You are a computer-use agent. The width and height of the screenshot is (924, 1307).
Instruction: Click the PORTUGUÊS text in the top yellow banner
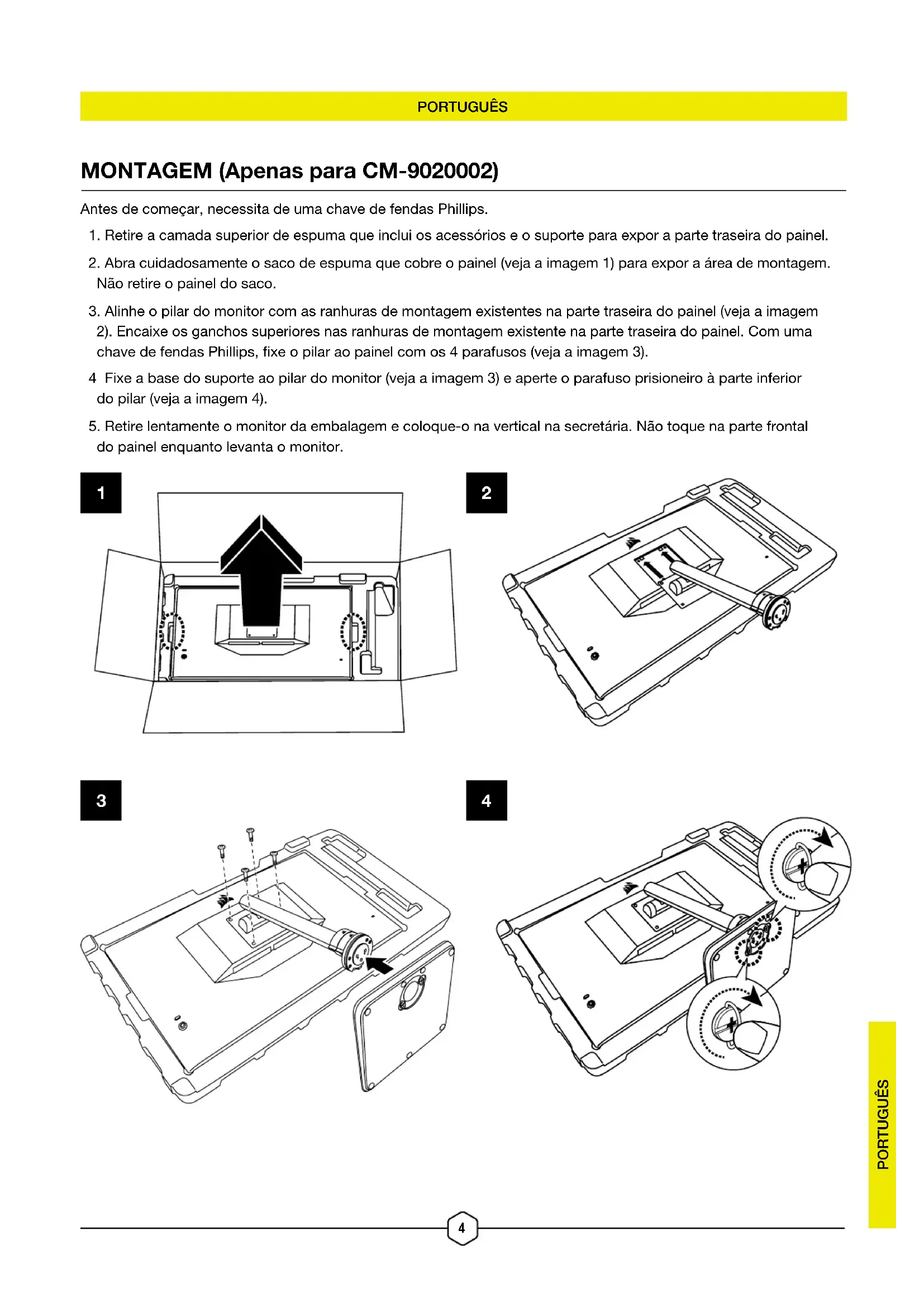pyautogui.click(x=462, y=107)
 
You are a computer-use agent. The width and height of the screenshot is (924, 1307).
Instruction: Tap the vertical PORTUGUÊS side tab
pyautogui.click(x=883, y=1124)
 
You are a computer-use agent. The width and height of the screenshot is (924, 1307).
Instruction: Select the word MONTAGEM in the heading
pyautogui.click(x=146, y=171)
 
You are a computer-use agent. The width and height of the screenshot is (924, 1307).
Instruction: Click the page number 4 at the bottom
pyautogui.click(x=461, y=1228)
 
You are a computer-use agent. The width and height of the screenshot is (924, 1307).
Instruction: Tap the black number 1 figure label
pyautogui.click(x=101, y=492)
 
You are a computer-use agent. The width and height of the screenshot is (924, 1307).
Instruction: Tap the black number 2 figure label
pyautogui.click(x=487, y=492)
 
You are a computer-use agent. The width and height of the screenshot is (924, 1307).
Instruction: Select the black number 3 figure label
pyautogui.click(x=101, y=800)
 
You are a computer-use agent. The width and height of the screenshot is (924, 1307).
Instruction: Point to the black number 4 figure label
pyautogui.click(x=487, y=800)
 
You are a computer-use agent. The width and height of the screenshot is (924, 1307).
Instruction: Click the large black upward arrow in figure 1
pyautogui.click(x=261, y=569)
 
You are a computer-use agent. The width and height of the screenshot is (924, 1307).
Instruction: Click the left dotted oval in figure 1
pyautogui.click(x=172, y=631)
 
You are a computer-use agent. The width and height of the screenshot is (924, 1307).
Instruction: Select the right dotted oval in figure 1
pyautogui.click(x=353, y=631)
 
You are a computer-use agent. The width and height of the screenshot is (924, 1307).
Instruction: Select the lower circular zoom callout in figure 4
pyautogui.click(x=734, y=1023)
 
